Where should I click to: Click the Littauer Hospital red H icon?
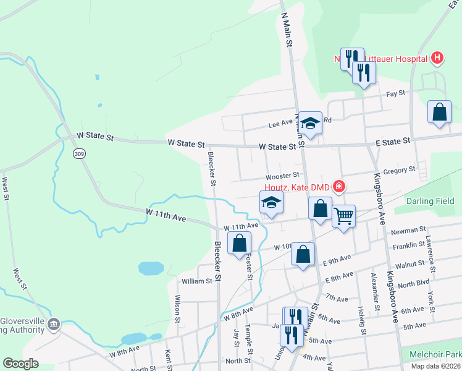point(437,59)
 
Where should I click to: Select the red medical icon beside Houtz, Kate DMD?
point(338,185)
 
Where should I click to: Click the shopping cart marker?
point(343,216)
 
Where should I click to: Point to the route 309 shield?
point(78,153)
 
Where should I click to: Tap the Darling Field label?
point(430,201)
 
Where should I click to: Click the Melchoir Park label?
point(436,355)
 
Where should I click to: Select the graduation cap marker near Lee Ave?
point(311,122)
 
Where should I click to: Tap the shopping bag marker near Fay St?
point(439,113)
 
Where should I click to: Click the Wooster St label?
point(283,176)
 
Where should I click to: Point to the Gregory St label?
point(399,169)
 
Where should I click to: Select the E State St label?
point(393,142)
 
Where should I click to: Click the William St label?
point(197,281)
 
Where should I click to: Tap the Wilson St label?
point(177,309)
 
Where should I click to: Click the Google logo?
point(21,364)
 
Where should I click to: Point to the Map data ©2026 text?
point(436,366)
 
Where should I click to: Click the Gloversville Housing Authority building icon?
point(54,324)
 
